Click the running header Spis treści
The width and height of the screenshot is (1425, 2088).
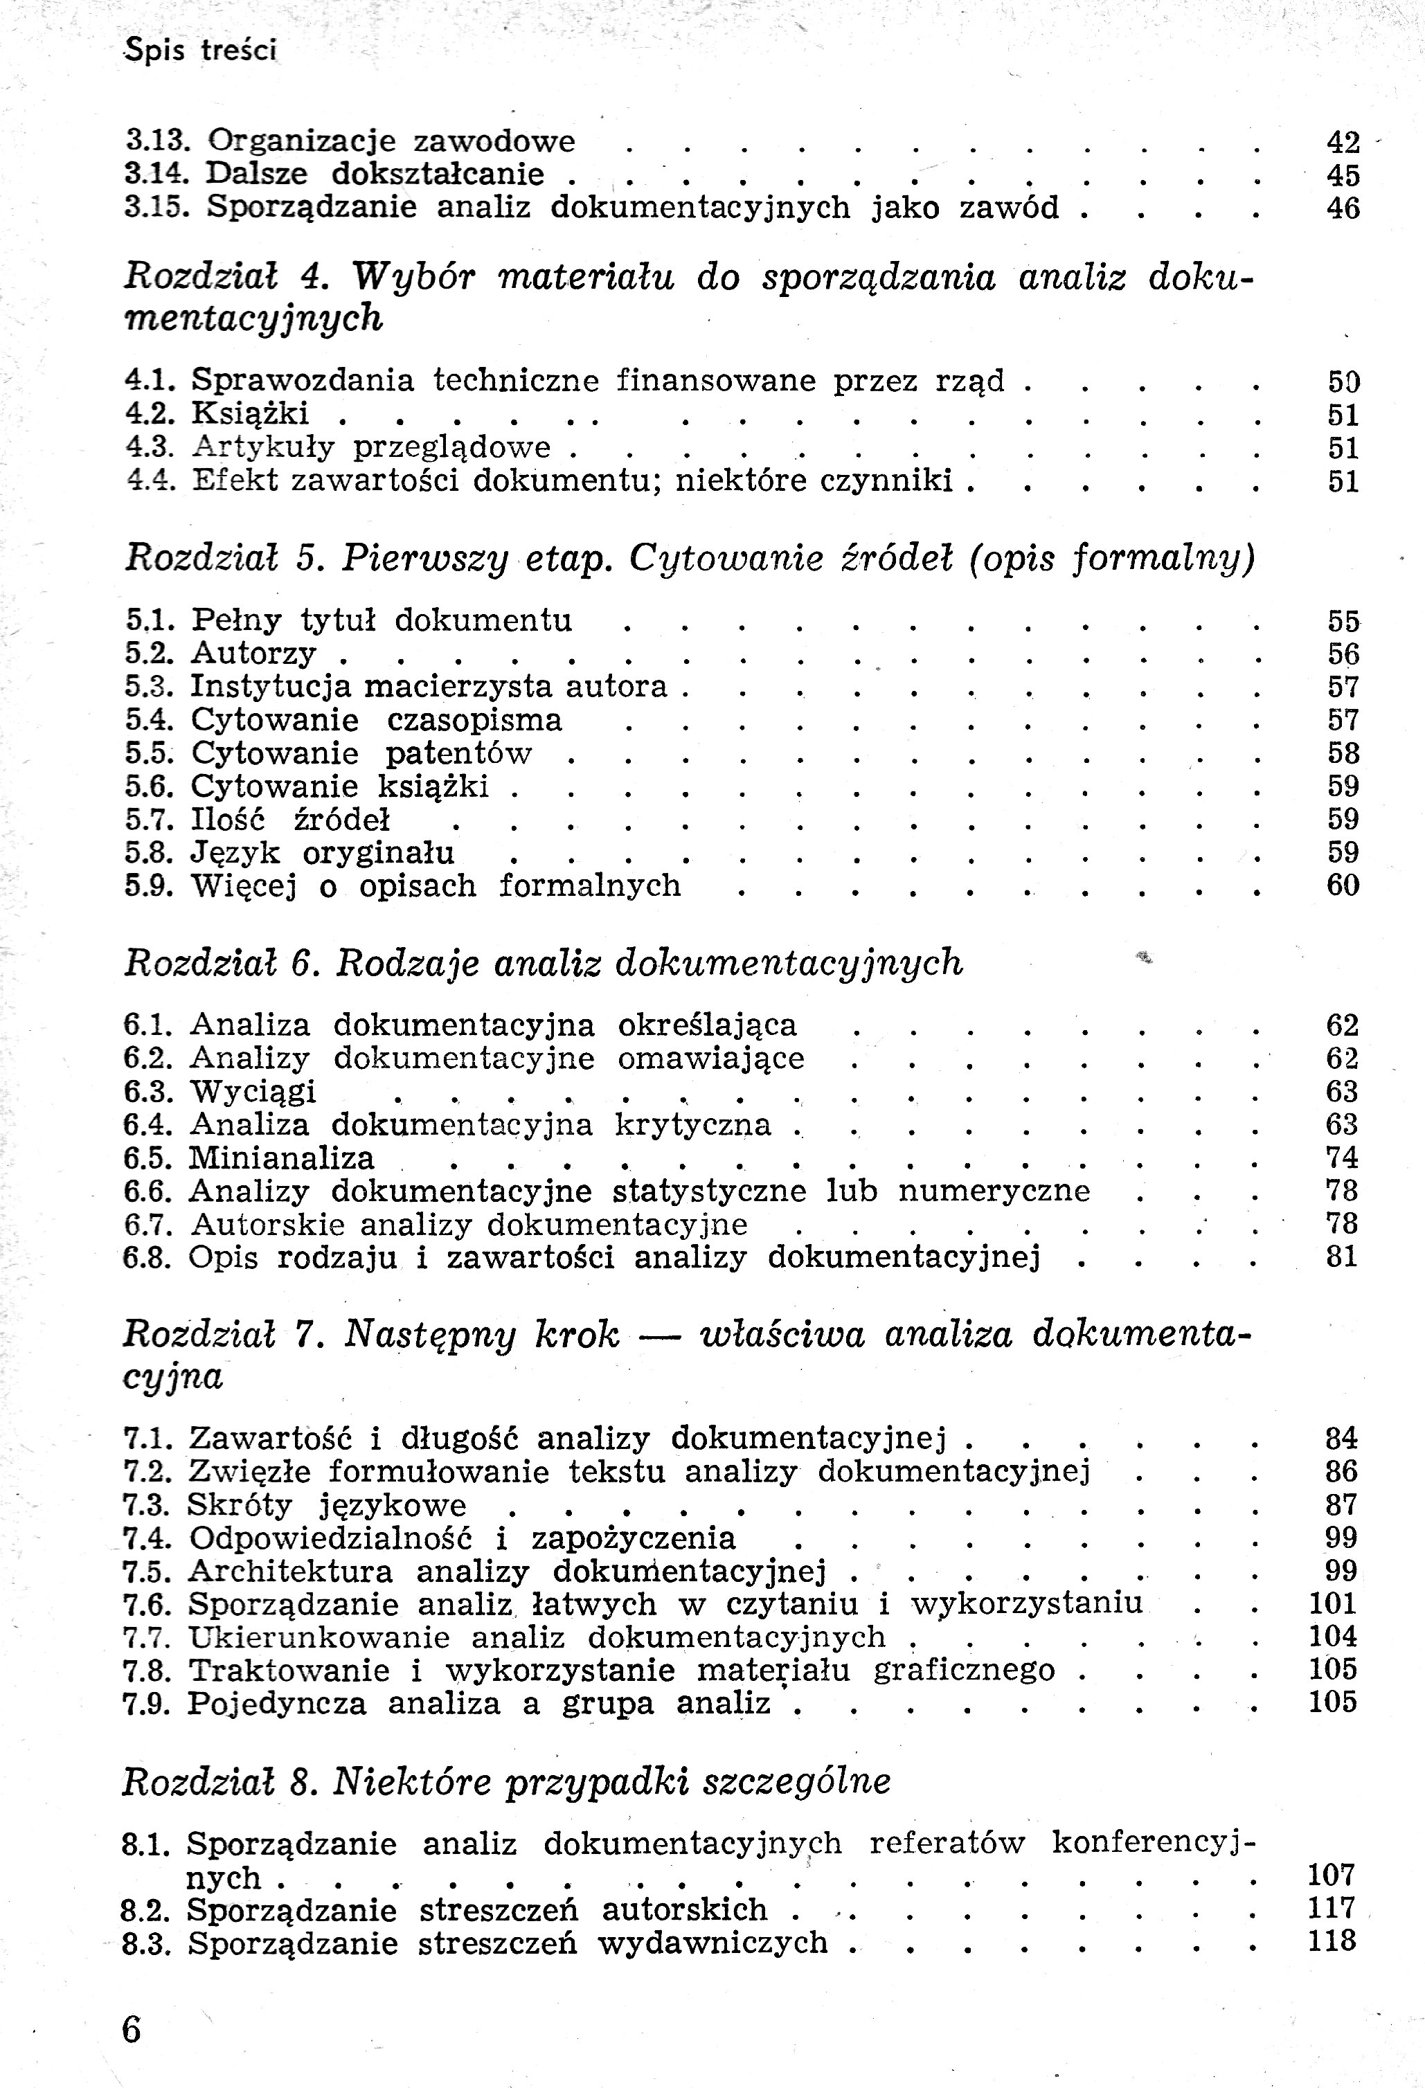tap(200, 51)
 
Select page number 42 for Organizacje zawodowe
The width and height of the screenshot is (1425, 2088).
tap(1343, 143)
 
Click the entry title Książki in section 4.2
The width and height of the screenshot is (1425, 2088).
tap(250, 413)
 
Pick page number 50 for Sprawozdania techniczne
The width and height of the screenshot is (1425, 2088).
tap(1343, 382)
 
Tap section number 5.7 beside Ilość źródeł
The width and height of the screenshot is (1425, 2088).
tap(149, 820)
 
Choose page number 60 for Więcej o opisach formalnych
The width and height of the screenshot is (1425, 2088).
tap(1343, 886)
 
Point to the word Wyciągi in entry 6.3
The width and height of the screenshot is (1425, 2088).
tap(253, 1092)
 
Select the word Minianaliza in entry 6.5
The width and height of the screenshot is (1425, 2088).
tap(281, 1158)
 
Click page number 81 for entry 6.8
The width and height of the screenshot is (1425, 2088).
tap(1341, 1257)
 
